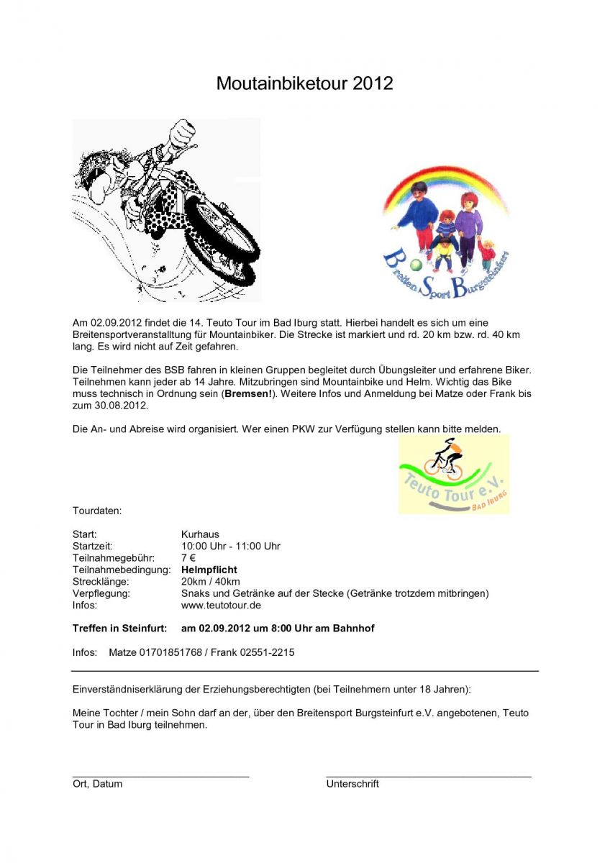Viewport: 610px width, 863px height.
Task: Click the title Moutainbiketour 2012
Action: coord(304,83)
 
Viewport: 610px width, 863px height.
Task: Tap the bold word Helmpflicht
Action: coord(209,570)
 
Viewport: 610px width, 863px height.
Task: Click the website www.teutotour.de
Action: coord(221,605)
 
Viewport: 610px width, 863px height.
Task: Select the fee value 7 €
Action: coord(188,557)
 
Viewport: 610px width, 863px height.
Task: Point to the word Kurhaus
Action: coord(200,534)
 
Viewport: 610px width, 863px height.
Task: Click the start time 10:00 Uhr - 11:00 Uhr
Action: coord(230,546)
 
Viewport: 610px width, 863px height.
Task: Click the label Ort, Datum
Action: coord(97,783)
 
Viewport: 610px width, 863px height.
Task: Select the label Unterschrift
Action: coord(352,783)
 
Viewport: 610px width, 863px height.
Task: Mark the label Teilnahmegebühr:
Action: coord(114,557)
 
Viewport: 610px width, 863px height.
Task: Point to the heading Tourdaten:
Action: coord(97,511)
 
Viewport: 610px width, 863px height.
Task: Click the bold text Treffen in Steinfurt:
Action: coord(119,628)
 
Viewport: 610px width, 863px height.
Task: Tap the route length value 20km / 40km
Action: coord(211,581)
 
